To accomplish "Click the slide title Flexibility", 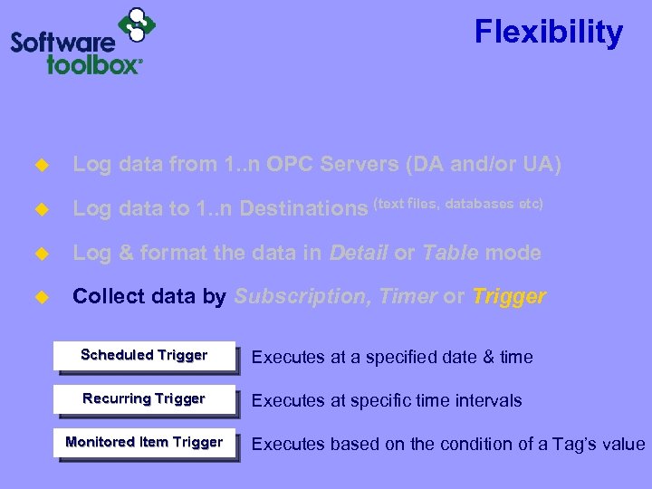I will pyautogui.click(x=549, y=33).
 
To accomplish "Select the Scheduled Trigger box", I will pyautogui.click(x=144, y=356).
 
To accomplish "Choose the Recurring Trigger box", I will pyautogui.click(x=144, y=399).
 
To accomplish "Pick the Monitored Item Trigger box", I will pyautogui.click(x=144, y=443).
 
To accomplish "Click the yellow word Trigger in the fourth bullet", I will pyautogui.click(x=509, y=297).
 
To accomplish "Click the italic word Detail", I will pyautogui.click(x=359, y=254).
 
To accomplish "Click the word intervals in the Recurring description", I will pyautogui.click(x=490, y=400).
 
